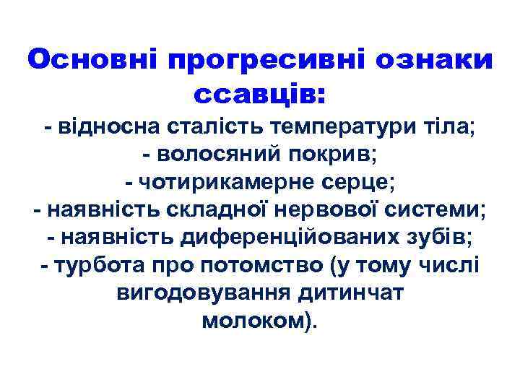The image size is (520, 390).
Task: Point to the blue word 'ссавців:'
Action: point(260,94)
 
